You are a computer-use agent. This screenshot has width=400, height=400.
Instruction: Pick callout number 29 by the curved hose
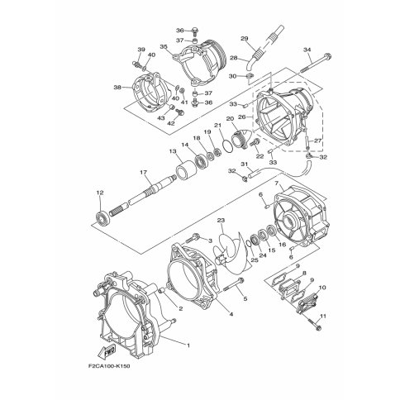244,38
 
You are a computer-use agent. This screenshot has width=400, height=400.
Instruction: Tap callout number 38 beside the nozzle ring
117,87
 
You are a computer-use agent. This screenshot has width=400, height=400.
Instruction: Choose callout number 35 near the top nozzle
164,48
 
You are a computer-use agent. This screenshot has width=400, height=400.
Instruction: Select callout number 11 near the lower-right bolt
323,317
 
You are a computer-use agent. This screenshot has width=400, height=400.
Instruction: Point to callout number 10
322,288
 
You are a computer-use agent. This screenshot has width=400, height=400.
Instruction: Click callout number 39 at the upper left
140,50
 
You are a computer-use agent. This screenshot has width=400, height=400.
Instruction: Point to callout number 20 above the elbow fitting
229,119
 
